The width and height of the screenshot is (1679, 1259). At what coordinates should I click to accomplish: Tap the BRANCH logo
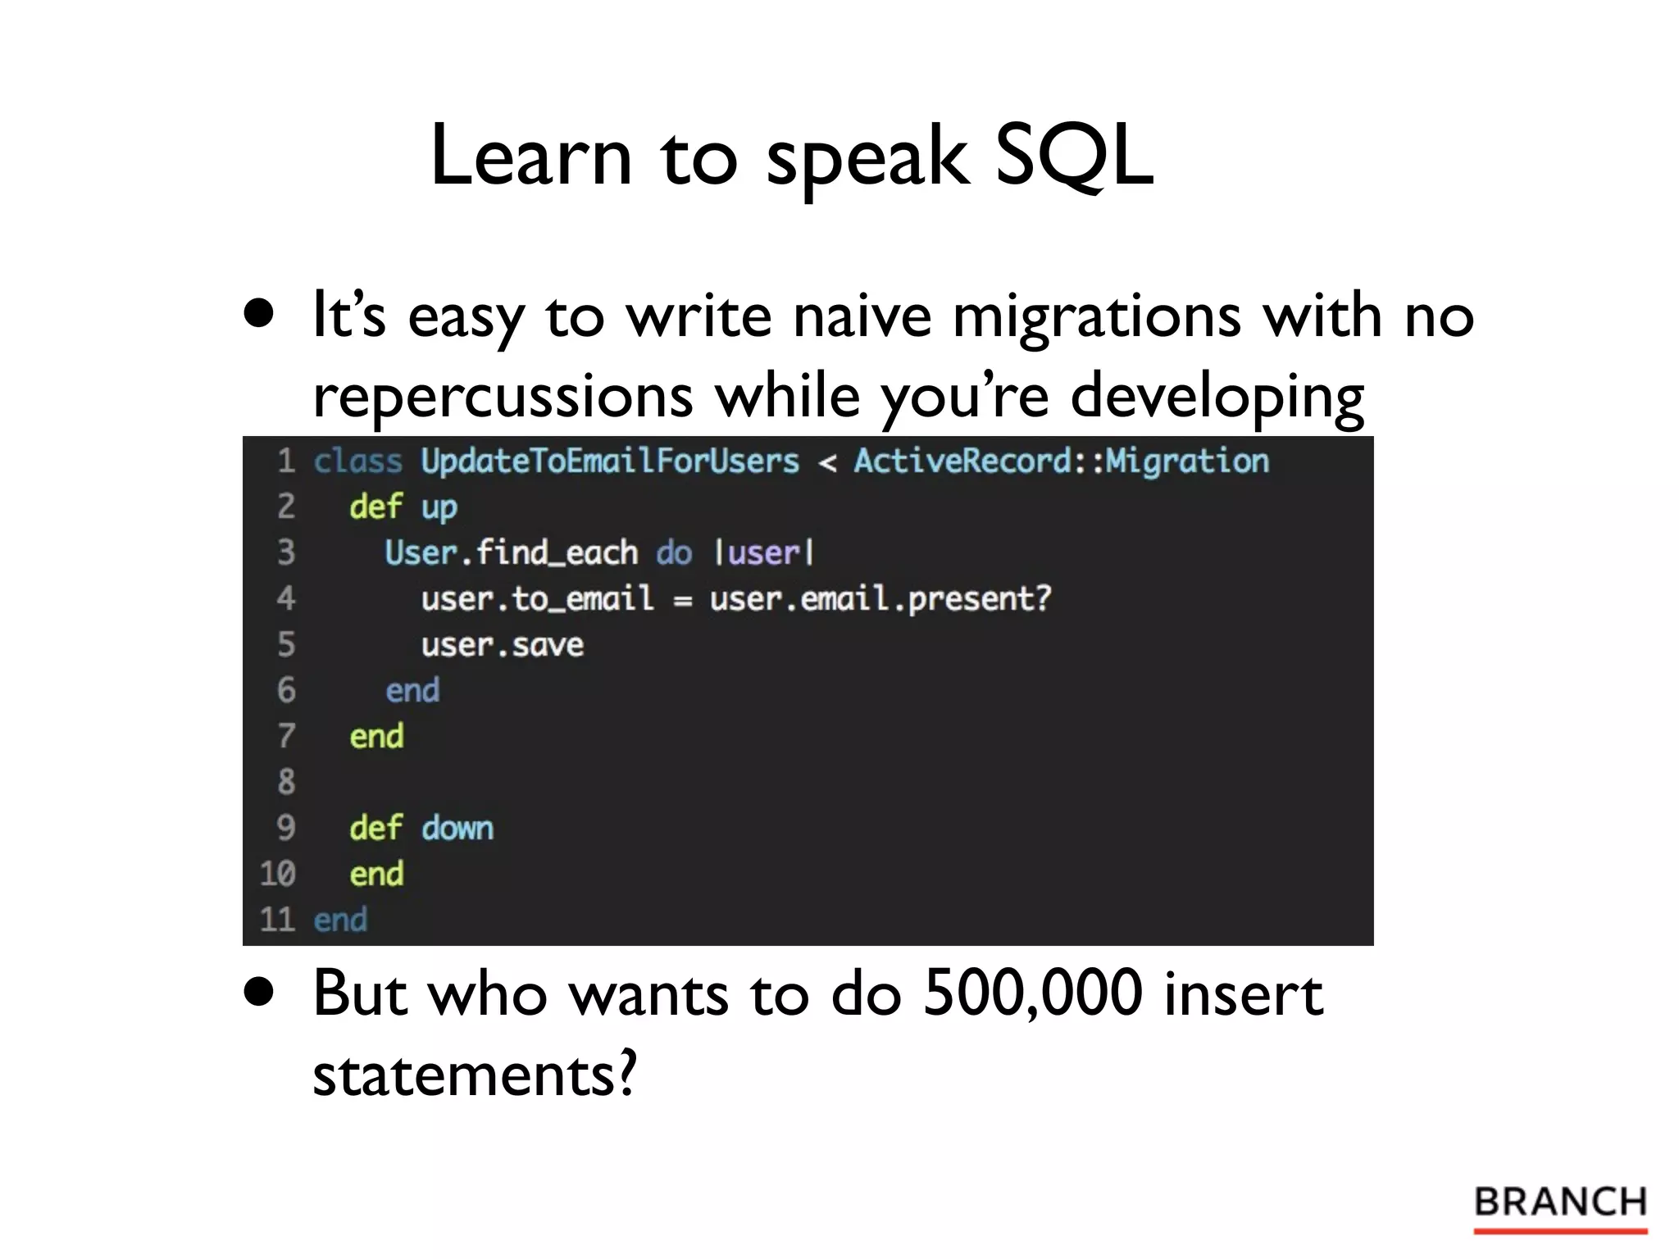(x=1560, y=1203)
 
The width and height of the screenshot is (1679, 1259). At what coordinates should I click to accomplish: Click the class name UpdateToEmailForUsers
(x=609, y=461)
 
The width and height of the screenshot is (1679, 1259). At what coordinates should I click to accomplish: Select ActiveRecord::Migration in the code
(x=1061, y=461)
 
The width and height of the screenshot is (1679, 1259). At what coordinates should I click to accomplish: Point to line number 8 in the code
(x=285, y=782)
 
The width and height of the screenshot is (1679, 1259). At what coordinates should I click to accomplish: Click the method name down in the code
(x=457, y=828)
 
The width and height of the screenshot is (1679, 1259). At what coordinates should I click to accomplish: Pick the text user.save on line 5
(x=502, y=645)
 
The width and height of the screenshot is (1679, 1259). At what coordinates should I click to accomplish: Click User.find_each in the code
(x=511, y=553)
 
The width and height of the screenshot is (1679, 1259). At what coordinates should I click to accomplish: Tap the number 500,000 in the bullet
(x=1032, y=993)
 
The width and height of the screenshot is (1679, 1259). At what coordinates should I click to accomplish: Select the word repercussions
(x=503, y=396)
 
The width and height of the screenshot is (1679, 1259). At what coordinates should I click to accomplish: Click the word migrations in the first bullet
(x=1096, y=316)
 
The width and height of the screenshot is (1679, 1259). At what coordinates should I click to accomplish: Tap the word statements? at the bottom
(x=474, y=1074)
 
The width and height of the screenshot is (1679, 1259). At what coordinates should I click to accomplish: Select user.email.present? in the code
(x=880, y=599)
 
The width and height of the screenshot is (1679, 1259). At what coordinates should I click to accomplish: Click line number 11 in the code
(x=277, y=920)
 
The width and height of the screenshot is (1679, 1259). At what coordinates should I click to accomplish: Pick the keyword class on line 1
(x=357, y=461)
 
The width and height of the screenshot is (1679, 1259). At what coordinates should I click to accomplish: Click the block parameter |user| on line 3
(x=763, y=553)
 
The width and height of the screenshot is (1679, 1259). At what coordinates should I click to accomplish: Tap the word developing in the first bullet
(x=1217, y=396)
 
